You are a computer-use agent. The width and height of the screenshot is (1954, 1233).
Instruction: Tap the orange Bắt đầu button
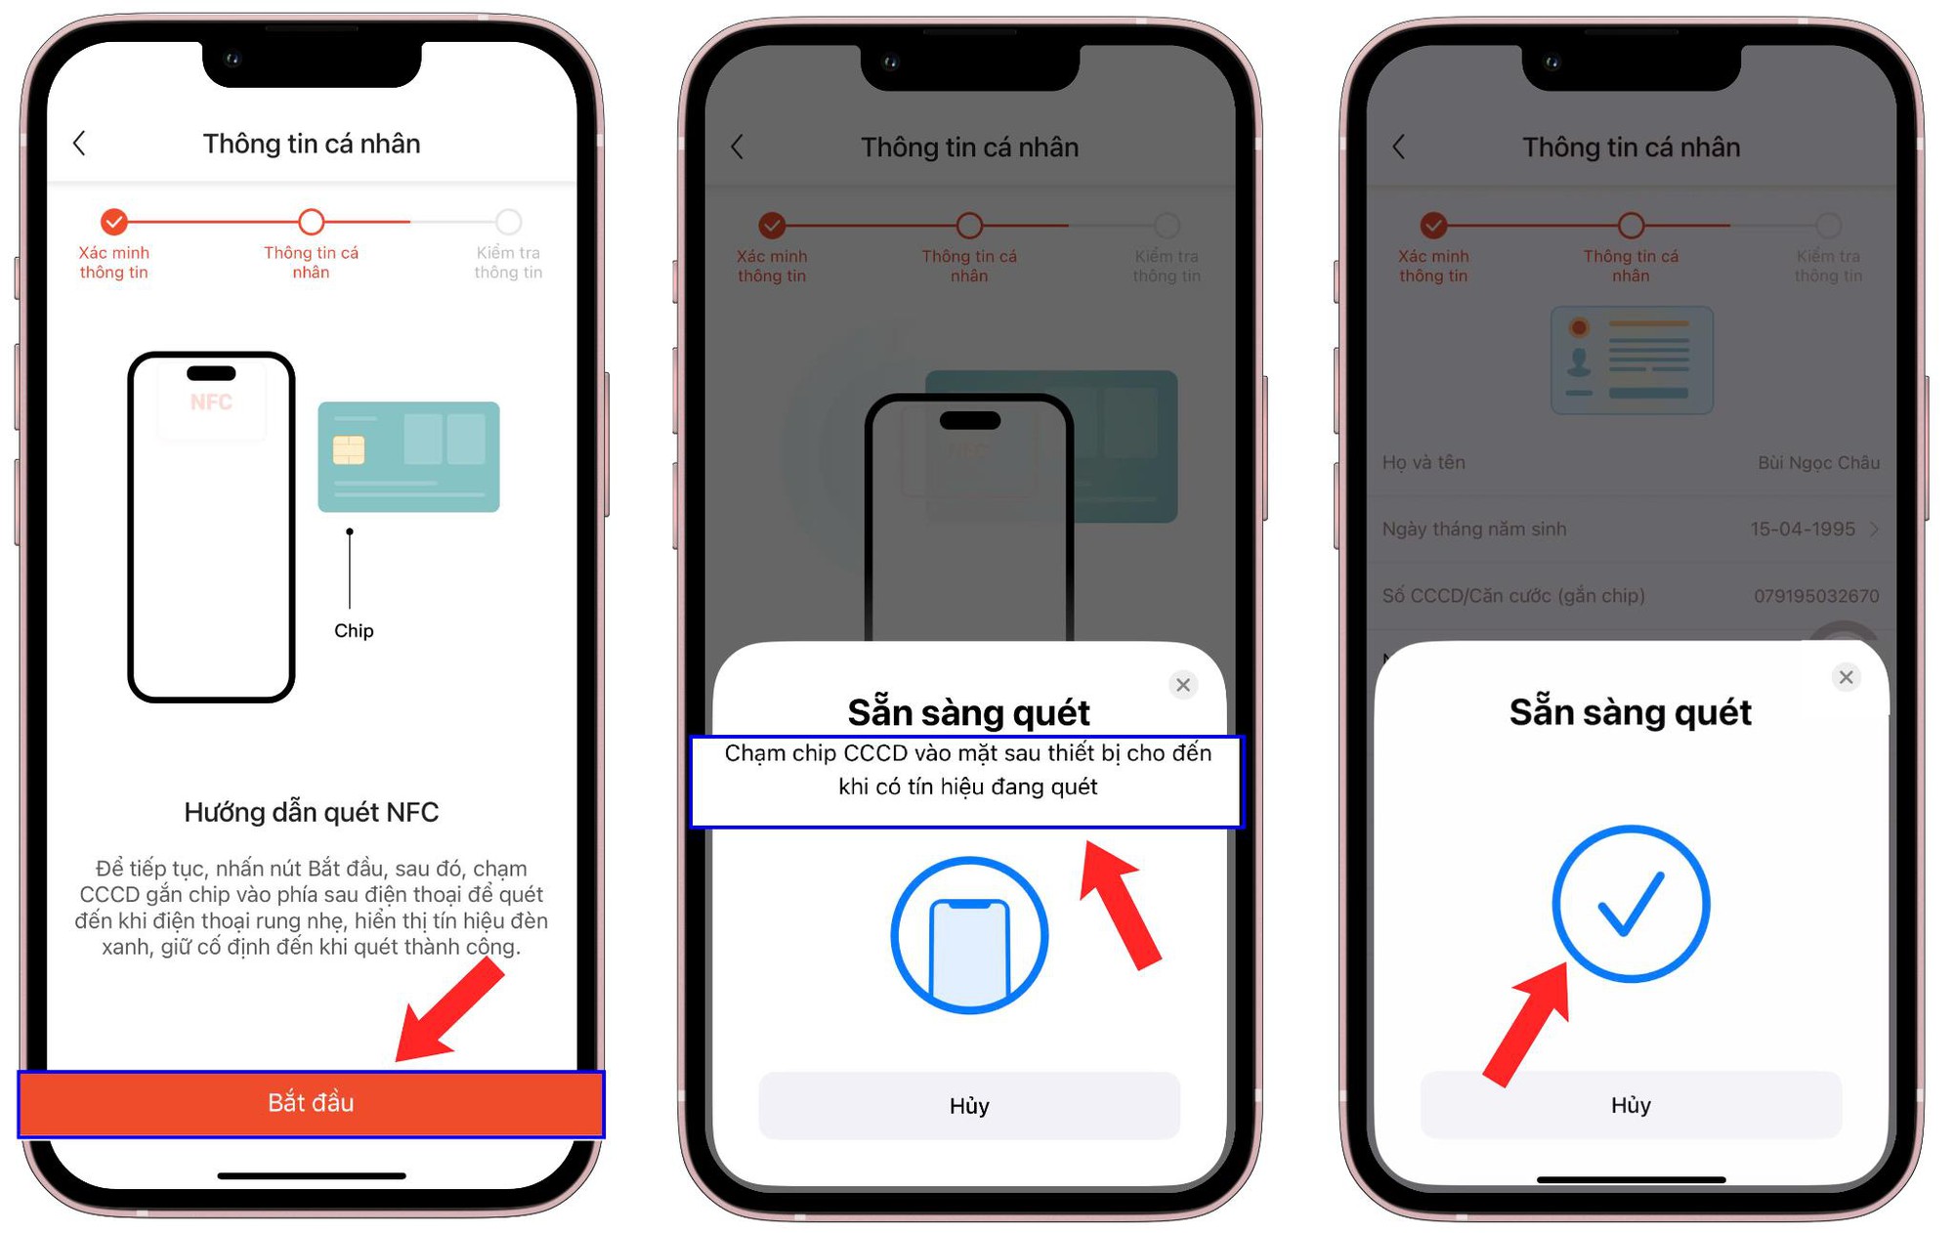pos(311,1103)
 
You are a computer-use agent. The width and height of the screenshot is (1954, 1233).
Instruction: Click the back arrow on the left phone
pos(80,144)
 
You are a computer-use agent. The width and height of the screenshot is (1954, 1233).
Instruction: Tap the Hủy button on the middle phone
pos(968,1105)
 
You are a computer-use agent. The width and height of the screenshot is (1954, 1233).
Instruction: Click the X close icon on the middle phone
pos(1182,685)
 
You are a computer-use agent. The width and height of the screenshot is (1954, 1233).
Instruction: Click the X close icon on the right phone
pos(1845,677)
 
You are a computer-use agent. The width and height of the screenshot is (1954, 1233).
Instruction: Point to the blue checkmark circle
pos(1630,903)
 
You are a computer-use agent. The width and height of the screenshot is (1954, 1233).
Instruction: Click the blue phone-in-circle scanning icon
pos(968,935)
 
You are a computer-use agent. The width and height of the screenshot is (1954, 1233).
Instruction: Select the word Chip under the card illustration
pos(354,631)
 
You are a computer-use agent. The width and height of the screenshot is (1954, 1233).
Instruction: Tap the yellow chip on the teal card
pos(349,449)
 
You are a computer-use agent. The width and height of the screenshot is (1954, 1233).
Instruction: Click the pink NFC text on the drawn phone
pos(211,403)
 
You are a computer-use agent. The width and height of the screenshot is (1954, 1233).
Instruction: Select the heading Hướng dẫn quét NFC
pos(311,812)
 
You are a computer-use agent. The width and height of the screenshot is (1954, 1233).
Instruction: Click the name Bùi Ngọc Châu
pos(1817,462)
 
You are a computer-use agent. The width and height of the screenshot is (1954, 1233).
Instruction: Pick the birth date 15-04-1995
pos(1802,529)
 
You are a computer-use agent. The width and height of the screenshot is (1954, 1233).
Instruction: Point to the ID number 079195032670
pos(1815,595)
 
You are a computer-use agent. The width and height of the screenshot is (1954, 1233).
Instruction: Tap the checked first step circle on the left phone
pos(114,222)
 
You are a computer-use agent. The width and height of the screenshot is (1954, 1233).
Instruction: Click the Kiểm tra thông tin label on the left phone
pos(508,262)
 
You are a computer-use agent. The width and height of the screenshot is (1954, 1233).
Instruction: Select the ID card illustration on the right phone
pos(1631,360)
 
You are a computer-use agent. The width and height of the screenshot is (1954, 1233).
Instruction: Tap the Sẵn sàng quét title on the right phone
pos(1630,712)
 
